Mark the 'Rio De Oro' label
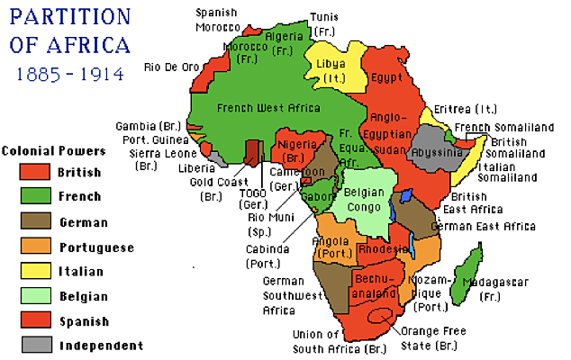(x=170, y=67)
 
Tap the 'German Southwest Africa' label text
(x=290, y=294)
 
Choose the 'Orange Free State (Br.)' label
(x=435, y=337)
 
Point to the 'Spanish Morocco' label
(x=218, y=19)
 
